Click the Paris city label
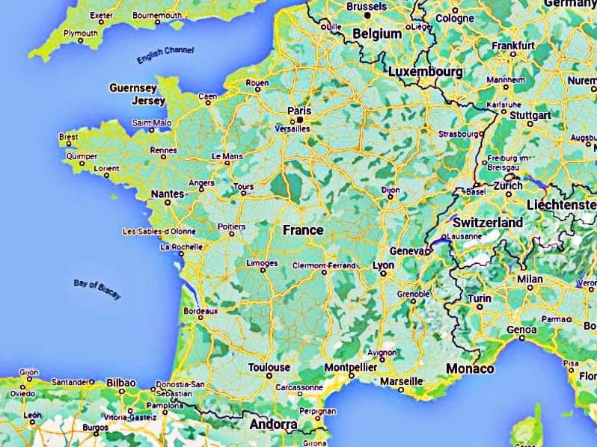[298, 111]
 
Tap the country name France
[303, 229]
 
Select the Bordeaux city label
[200, 310]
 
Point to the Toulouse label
[269, 367]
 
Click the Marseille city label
[401, 380]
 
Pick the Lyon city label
[383, 265]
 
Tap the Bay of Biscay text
[97, 288]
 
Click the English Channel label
[165, 55]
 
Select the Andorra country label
[272, 425]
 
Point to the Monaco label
[470, 369]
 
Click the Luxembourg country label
[425, 72]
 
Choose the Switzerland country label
[489, 223]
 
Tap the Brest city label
[68, 137]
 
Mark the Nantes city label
[167, 194]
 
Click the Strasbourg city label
[458, 134]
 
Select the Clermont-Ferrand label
[323, 265]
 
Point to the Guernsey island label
[133, 87]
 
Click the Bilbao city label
[121, 382]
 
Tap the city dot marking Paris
[300, 119]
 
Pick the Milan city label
[530, 279]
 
